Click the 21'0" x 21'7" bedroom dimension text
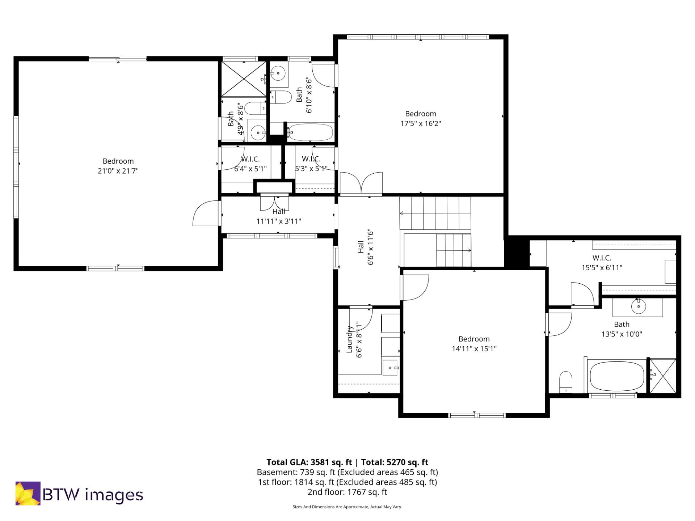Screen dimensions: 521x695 [x=118, y=171]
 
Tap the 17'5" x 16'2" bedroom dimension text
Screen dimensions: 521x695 [x=420, y=123]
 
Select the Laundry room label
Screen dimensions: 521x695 [x=349, y=339]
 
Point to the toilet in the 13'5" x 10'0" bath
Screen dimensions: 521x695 [x=565, y=382]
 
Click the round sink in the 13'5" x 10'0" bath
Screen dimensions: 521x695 [x=639, y=306]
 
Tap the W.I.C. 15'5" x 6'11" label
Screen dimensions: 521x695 [x=602, y=263]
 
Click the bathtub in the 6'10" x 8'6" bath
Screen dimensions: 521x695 [x=311, y=132]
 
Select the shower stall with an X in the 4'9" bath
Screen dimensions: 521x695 [x=243, y=79]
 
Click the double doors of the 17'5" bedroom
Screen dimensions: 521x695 [x=361, y=183]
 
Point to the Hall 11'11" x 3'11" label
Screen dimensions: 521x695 [x=279, y=216]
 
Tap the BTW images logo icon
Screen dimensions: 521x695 [x=28, y=493]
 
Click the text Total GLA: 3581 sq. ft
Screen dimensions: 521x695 [x=309, y=462]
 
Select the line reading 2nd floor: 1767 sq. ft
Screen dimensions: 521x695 [x=347, y=492]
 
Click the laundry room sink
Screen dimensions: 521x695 [x=390, y=368]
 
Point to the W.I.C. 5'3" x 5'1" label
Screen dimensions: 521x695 [x=311, y=164]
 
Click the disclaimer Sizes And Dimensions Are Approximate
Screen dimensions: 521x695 [x=347, y=507]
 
